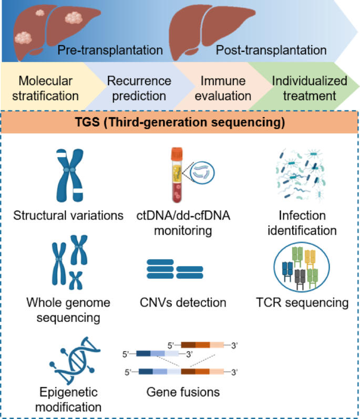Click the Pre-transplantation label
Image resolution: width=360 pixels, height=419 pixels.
110,50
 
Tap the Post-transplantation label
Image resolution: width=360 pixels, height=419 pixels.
271,50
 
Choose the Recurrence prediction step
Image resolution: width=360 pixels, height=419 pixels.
139,88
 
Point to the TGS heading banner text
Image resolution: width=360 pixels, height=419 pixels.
180,124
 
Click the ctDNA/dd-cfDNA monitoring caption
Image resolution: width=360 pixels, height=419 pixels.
180,223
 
